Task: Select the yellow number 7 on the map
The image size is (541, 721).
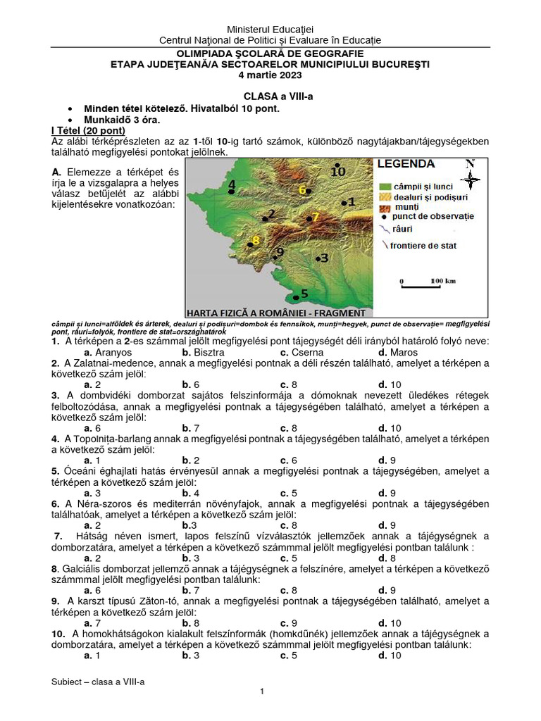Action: point(316,216)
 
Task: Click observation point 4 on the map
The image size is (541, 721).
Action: point(231,186)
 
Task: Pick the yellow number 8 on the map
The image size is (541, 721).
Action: point(256,241)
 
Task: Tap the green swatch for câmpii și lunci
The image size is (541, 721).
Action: point(385,186)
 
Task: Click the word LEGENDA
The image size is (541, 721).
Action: point(407,164)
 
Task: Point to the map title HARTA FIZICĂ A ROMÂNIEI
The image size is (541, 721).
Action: point(275,312)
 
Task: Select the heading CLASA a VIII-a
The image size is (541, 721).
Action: point(270,96)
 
